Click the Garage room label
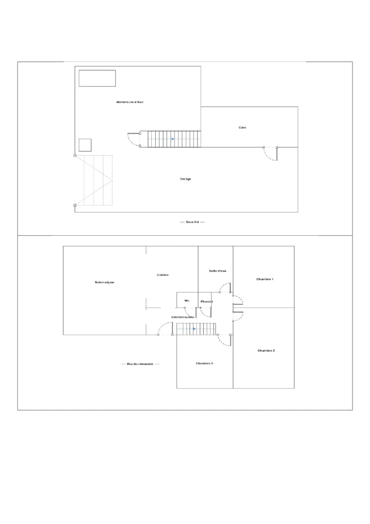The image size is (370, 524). pos(185,179)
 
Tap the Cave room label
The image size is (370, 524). pos(242,128)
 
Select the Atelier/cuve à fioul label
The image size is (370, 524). pos(129,102)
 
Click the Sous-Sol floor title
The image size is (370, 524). pos(192,222)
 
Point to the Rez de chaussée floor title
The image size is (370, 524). pos(140,364)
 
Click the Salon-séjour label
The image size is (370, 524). pos(104,282)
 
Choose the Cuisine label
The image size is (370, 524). pos(162,275)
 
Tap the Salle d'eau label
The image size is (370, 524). pos(218,271)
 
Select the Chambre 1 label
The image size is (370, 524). pos(265,279)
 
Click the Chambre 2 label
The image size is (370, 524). pos(266,350)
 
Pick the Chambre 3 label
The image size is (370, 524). pos(204,363)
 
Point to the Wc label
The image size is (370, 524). pos(186,301)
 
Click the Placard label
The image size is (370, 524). pos(207,302)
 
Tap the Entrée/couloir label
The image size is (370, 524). pos(183,317)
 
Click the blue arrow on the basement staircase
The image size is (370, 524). pos(173,139)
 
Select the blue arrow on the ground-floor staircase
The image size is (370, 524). pos(194,329)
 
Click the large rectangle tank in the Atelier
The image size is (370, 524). pos(97,78)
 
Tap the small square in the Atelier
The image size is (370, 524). pos(85,145)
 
